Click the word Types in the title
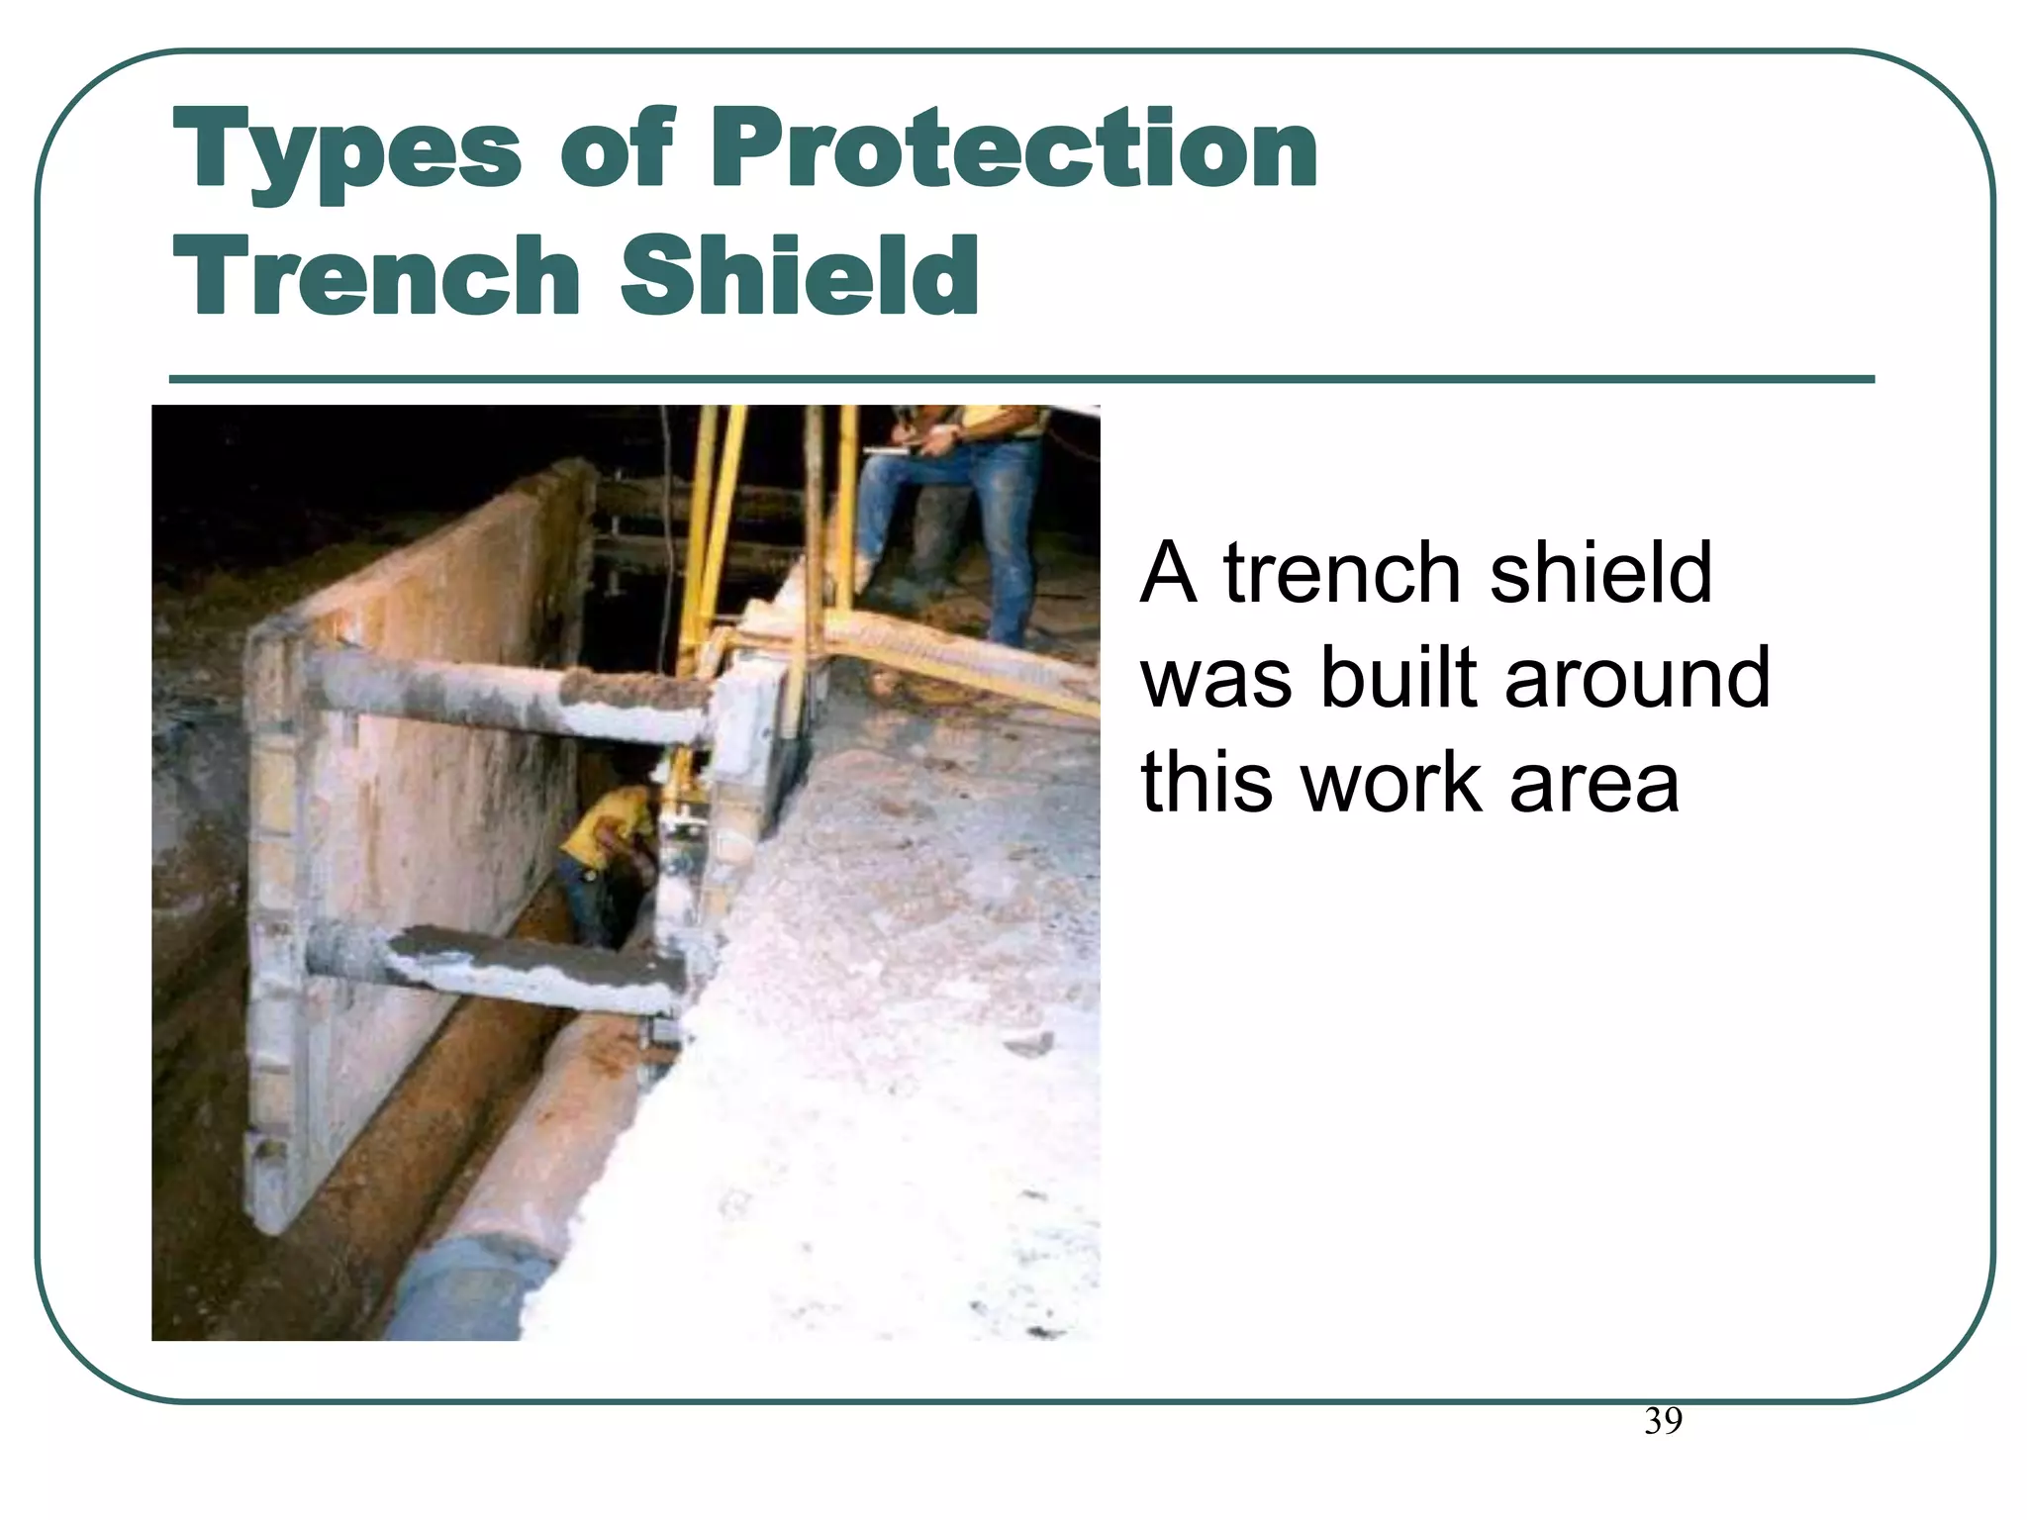click(346, 150)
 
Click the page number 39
click(1663, 1421)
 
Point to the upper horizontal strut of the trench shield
click(495, 693)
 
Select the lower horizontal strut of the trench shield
click(495, 965)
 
